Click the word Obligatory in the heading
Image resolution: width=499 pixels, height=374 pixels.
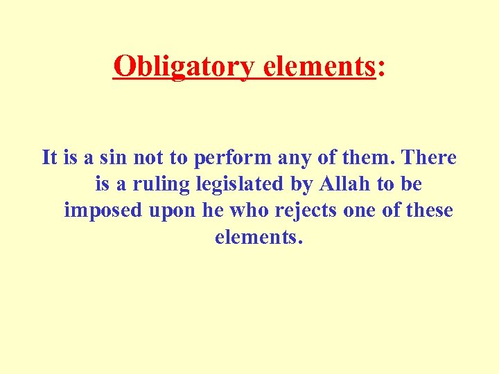tap(184, 67)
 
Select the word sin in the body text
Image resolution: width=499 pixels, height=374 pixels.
tap(116, 158)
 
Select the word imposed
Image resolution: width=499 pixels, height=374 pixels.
tap(103, 211)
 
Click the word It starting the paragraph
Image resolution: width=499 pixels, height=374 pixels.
tap(49, 158)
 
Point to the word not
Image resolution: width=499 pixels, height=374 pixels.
tap(148, 158)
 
